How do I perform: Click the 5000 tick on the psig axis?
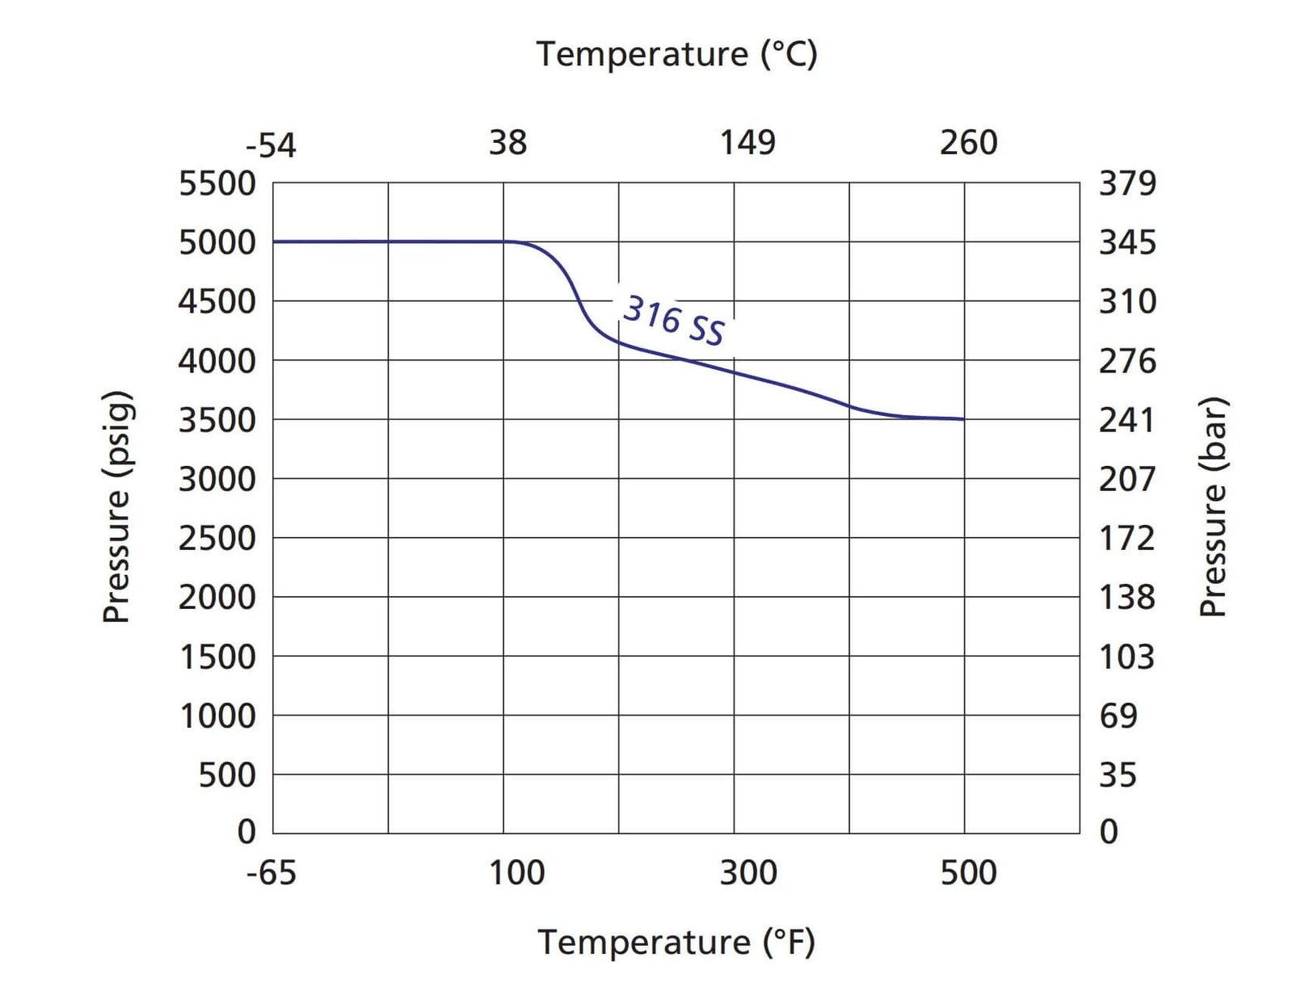[217, 242]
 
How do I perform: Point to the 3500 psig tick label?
[217, 420]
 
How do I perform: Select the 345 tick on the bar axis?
[1127, 242]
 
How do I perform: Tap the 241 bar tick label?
[1127, 420]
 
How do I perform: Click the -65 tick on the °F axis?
[272, 873]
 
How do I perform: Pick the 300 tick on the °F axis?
[748, 873]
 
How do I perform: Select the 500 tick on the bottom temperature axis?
[968, 873]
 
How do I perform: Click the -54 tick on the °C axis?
[272, 145]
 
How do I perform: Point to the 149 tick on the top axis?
[748, 143]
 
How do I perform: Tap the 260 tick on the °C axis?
[968, 143]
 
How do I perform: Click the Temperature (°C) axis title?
[677, 55]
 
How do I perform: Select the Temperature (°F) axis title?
[677, 943]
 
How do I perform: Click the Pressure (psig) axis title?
[116, 507]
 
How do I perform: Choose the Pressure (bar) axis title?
[1213, 507]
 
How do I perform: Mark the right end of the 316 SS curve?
[963, 419]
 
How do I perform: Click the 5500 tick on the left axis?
[217, 184]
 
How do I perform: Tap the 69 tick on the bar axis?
[1118, 716]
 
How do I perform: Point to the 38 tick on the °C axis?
[508, 143]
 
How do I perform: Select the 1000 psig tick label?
[217, 716]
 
